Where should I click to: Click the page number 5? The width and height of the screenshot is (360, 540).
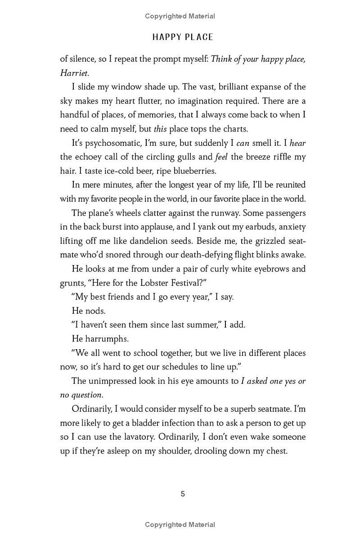[x=183, y=494]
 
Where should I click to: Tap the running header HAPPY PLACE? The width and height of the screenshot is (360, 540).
[x=183, y=37]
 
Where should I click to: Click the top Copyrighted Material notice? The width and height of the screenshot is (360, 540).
[x=180, y=16]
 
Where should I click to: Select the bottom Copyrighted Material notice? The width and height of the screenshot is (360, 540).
[x=180, y=524]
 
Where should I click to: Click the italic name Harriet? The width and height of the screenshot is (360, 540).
[x=73, y=73]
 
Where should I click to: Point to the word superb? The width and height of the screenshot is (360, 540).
[x=230, y=409]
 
